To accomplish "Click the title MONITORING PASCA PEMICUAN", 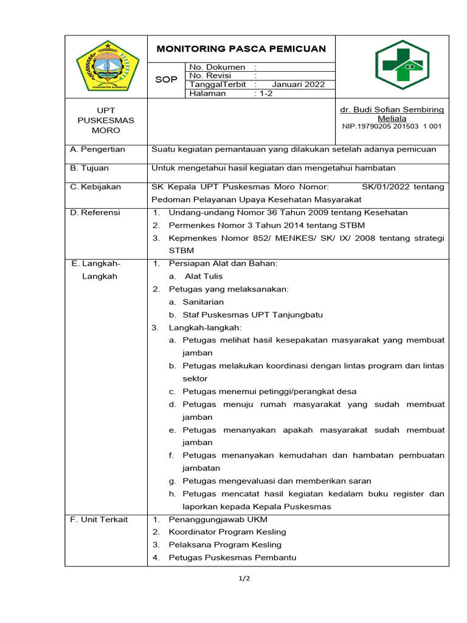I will point(241,49).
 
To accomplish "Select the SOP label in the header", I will point(165,80).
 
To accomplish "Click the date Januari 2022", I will point(298,85).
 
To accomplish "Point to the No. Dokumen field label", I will point(217,67).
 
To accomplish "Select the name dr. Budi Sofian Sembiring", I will point(392,110).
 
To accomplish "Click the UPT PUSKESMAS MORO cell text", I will point(106,120).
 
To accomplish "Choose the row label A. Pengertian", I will point(98,149).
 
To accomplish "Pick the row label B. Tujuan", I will point(90,168).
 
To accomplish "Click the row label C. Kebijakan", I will point(96,187).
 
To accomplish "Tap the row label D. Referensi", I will point(95,212).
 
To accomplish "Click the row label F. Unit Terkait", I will point(99,519).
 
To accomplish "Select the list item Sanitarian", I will point(203,302).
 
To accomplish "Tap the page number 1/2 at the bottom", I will point(244,579).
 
